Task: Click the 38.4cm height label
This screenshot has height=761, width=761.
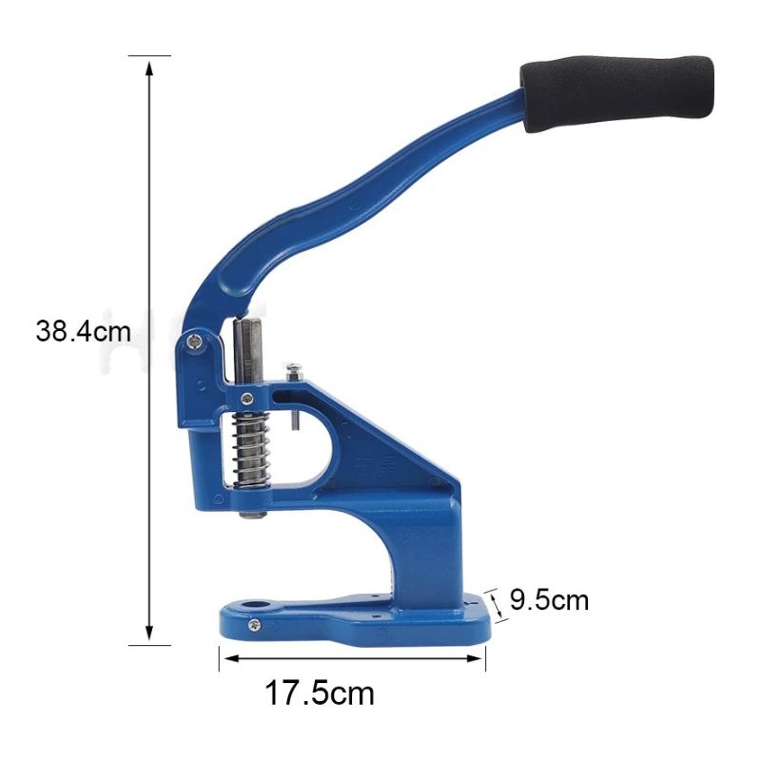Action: pyautogui.click(x=83, y=332)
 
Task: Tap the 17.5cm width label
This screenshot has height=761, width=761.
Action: pyautogui.click(x=320, y=693)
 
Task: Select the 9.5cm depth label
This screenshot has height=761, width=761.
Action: pyautogui.click(x=549, y=600)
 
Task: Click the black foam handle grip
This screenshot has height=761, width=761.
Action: pyautogui.click(x=617, y=93)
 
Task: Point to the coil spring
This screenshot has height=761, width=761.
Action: pyautogui.click(x=251, y=449)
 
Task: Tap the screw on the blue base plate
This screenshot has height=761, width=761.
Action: pyautogui.click(x=254, y=625)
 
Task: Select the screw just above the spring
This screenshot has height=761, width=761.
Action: pyautogui.click(x=247, y=399)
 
